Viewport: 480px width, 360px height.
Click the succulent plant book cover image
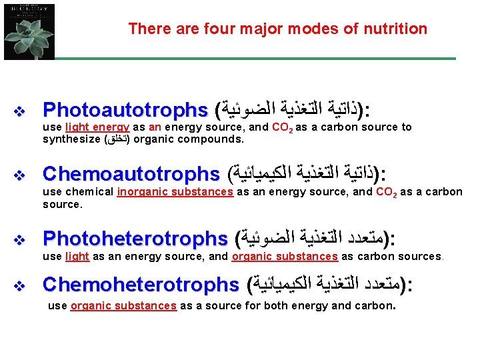29,30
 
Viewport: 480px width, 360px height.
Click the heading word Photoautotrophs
125,109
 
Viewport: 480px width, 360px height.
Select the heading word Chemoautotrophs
131,175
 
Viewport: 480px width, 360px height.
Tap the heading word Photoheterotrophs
135,239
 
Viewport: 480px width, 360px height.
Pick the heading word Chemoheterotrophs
141,285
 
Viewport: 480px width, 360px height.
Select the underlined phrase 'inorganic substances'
175,192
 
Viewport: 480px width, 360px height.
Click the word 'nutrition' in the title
396,29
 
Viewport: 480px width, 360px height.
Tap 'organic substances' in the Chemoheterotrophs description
123,306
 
